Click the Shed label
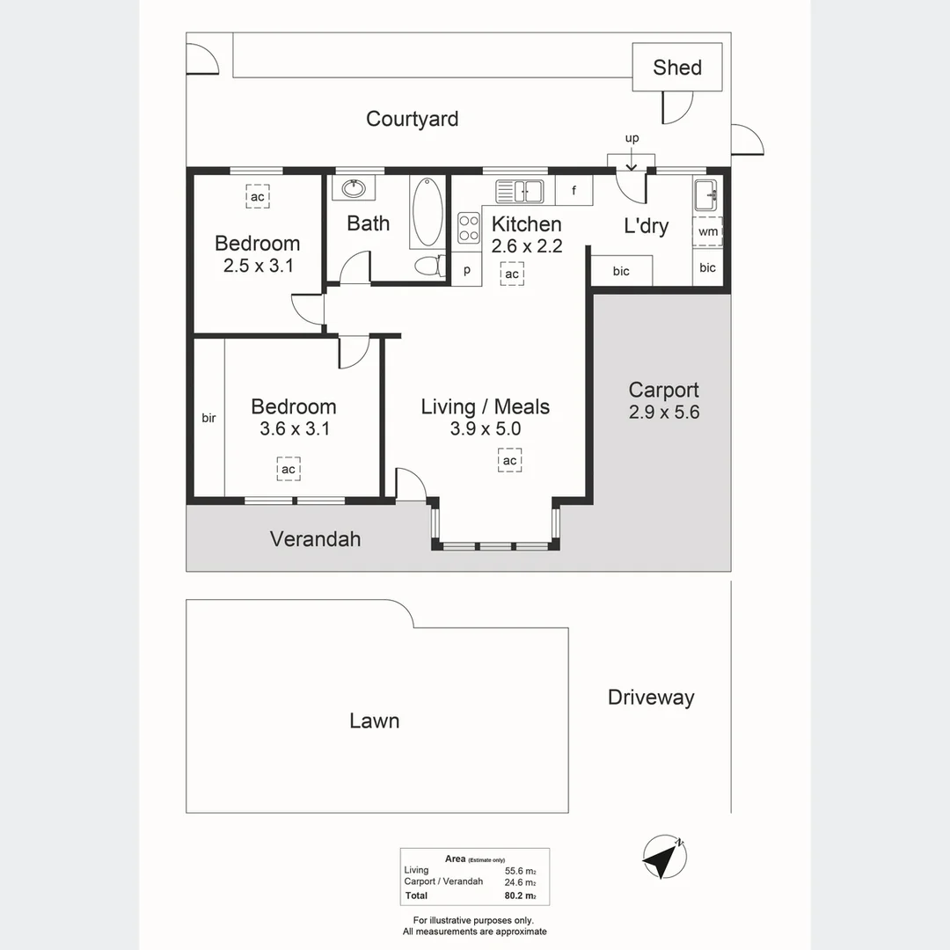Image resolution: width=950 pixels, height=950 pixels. [677, 68]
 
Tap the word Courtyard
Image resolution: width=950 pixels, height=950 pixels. [412, 119]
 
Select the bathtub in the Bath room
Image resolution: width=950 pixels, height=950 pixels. [427, 212]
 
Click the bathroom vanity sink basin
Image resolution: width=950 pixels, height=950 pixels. [354, 188]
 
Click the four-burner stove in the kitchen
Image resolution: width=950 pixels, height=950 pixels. [468, 228]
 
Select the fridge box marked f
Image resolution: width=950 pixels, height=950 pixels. [574, 190]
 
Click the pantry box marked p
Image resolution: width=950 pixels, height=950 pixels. [467, 270]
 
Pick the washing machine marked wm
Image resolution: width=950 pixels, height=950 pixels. [707, 231]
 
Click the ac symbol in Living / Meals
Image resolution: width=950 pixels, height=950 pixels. [509, 460]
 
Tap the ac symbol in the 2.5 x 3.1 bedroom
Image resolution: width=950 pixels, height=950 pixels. [257, 197]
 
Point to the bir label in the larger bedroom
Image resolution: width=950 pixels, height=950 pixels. [208, 418]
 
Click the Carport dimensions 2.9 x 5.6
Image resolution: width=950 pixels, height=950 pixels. [664, 412]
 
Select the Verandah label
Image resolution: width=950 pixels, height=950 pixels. [315, 538]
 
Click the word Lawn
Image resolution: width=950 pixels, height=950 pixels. [374, 721]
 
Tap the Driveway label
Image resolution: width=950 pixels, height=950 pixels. [651, 698]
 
